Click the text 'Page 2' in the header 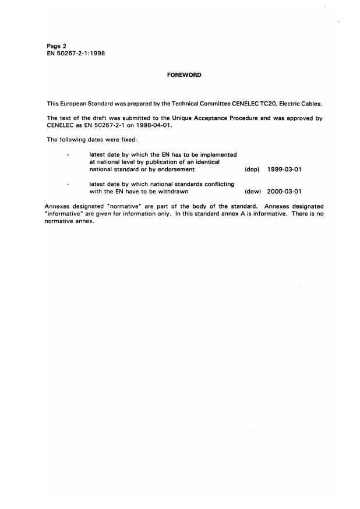pos(57,45)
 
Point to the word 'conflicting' pos(215,184)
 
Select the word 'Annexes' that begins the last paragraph pos(57,206)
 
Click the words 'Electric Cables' pos(302,104)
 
